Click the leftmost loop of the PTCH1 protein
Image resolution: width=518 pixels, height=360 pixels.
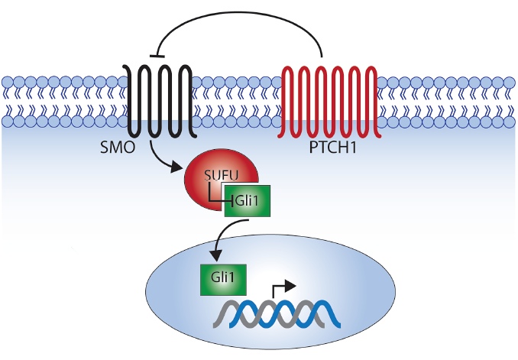point(290,76)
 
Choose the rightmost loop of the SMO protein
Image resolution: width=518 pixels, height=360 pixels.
point(184,76)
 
